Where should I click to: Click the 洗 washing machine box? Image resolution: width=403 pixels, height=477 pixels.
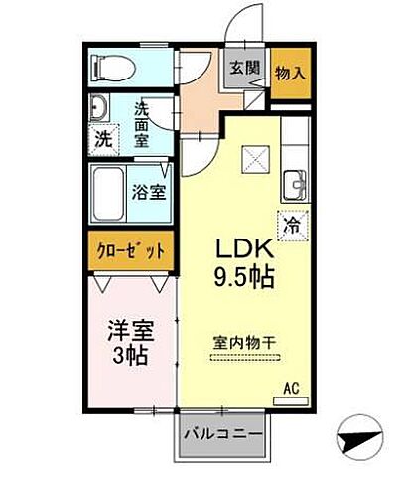pyautogui.click(x=103, y=139)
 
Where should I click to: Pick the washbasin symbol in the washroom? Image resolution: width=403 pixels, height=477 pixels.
pyautogui.click(x=99, y=108)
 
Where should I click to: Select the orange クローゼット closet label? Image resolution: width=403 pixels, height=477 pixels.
pyautogui.click(x=130, y=249)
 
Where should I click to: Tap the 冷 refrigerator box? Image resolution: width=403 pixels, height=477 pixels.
pyautogui.click(x=292, y=227)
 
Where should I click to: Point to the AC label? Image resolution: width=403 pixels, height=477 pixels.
pyautogui.click(x=292, y=388)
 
